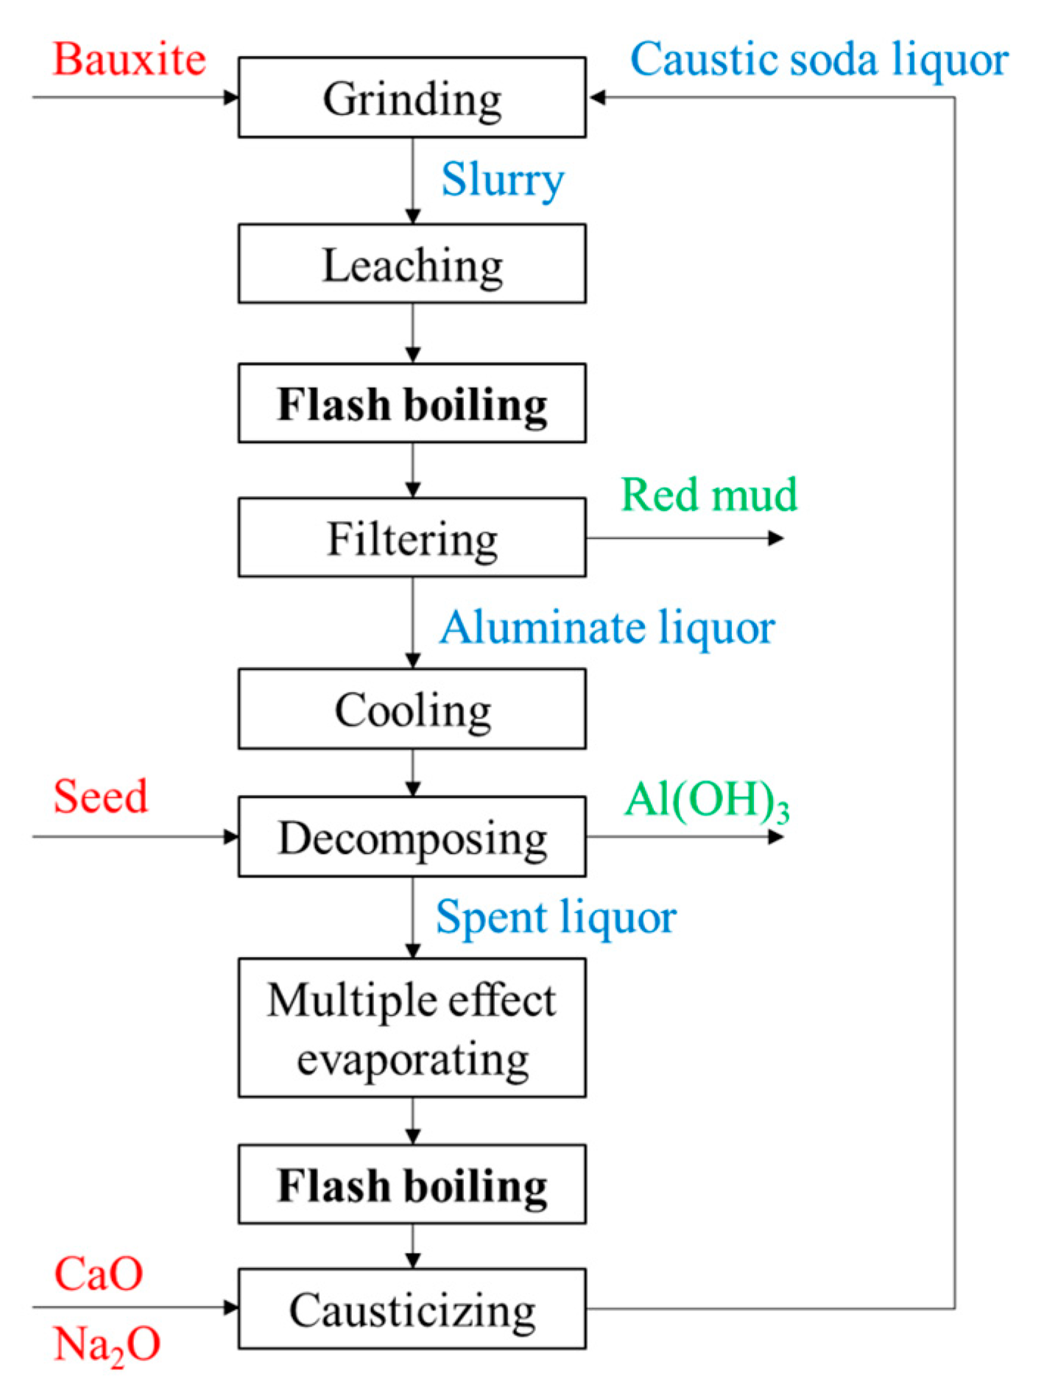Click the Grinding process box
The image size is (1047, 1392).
click(x=412, y=98)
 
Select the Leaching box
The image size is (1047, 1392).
click(x=412, y=264)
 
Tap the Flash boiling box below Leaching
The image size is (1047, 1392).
click(x=412, y=403)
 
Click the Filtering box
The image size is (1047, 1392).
click(x=412, y=538)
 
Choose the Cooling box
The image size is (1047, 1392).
click(x=412, y=709)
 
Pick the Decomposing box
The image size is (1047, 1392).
click(x=412, y=837)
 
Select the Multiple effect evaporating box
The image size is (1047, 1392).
click(x=412, y=1028)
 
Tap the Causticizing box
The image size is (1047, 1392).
click(x=412, y=1310)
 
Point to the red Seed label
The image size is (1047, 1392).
click(x=101, y=796)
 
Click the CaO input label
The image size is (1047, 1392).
click(x=99, y=1273)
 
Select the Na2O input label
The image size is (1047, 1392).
click(x=107, y=1344)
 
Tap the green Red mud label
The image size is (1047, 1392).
click(x=709, y=494)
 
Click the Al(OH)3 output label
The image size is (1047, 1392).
click(x=707, y=800)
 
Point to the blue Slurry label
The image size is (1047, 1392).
click(x=503, y=179)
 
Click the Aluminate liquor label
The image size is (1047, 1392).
click(x=607, y=627)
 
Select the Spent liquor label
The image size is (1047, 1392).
click(x=556, y=917)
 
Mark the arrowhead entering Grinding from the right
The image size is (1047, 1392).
click(x=596, y=97)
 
